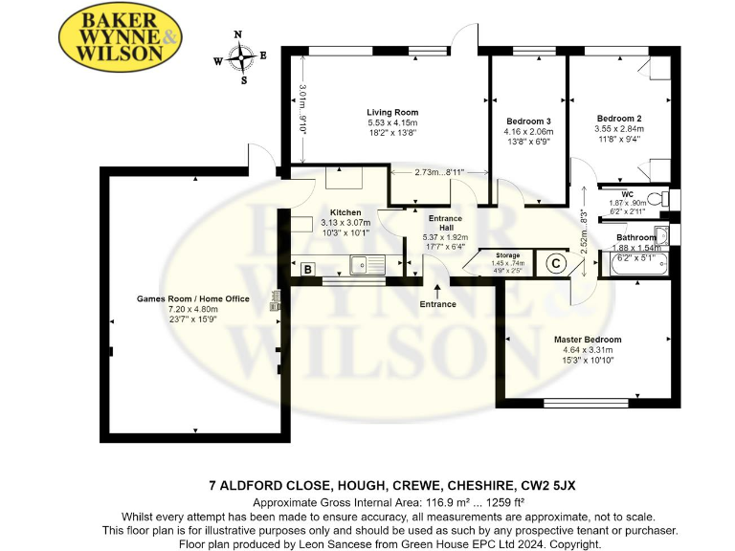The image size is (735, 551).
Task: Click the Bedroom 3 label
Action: point(528,121)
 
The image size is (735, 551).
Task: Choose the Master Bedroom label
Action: point(587,340)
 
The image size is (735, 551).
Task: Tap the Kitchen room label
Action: point(345,211)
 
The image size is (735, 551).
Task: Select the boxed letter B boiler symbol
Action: point(308,270)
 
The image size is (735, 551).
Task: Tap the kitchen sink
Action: point(367,262)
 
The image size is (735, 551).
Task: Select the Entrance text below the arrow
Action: point(437,304)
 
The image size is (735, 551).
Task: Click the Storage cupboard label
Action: point(507,254)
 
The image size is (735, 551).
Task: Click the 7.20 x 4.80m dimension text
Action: point(192,310)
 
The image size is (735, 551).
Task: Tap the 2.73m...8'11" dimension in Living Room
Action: point(440,172)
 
